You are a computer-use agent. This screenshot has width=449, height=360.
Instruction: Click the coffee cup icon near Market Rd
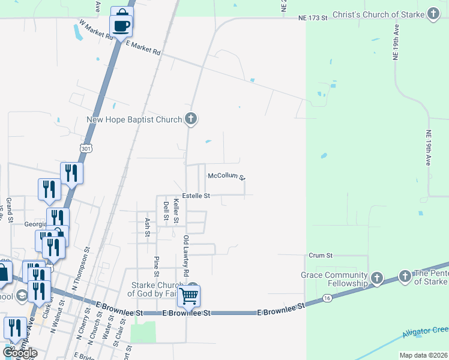tap(121, 26)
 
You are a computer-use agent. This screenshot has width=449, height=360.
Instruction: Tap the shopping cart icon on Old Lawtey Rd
tap(188, 295)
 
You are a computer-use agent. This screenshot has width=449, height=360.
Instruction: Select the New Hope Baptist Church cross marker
tap(191, 119)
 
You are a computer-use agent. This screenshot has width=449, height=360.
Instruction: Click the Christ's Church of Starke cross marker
tap(434, 15)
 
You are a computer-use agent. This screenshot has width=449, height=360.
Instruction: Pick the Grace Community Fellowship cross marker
tap(376, 278)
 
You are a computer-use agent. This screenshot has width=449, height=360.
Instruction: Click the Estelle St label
tap(196, 196)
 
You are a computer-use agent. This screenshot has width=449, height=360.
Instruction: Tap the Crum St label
tap(320, 255)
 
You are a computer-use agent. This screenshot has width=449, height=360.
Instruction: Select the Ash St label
tap(147, 227)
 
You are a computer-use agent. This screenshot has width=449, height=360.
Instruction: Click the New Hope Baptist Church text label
tap(134, 119)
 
